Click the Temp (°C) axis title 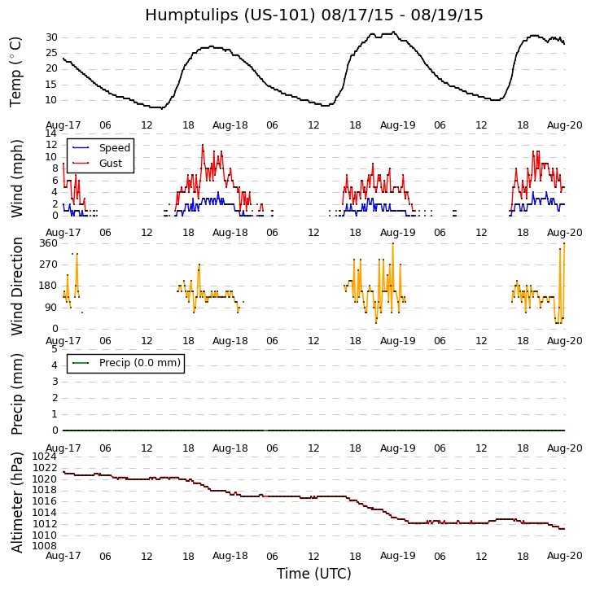(16, 72)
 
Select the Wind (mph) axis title (16, 177)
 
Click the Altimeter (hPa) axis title (16, 502)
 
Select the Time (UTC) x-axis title (313, 574)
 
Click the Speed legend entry (114, 148)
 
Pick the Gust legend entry (111, 164)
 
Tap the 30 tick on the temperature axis (51, 37)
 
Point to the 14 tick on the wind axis (51, 133)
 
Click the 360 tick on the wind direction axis (48, 243)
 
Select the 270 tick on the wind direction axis (48, 264)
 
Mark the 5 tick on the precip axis (54, 349)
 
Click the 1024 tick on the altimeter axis (45, 457)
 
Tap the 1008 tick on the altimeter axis (45, 546)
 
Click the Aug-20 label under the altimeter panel (564, 556)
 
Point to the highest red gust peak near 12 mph (203, 145)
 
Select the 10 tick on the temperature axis (51, 100)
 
